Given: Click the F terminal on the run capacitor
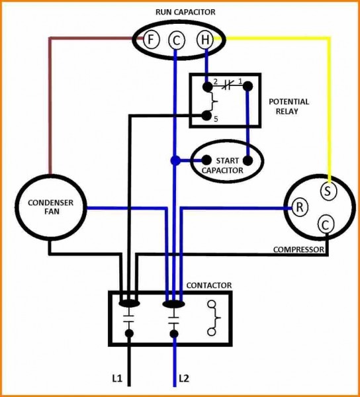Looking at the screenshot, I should [150, 40].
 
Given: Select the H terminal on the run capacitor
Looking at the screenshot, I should [204, 40].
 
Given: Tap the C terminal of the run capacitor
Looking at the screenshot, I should [176, 40].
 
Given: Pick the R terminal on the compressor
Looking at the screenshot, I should [300, 207].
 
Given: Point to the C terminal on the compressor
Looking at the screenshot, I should [325, 224].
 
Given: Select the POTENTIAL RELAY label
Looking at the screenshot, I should [289, 107].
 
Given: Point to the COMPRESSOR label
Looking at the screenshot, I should [298, 250].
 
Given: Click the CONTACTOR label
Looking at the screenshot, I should [208, 285].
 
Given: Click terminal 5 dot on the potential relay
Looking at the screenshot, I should [206, 116].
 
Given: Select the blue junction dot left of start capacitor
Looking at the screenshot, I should [175, 160].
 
